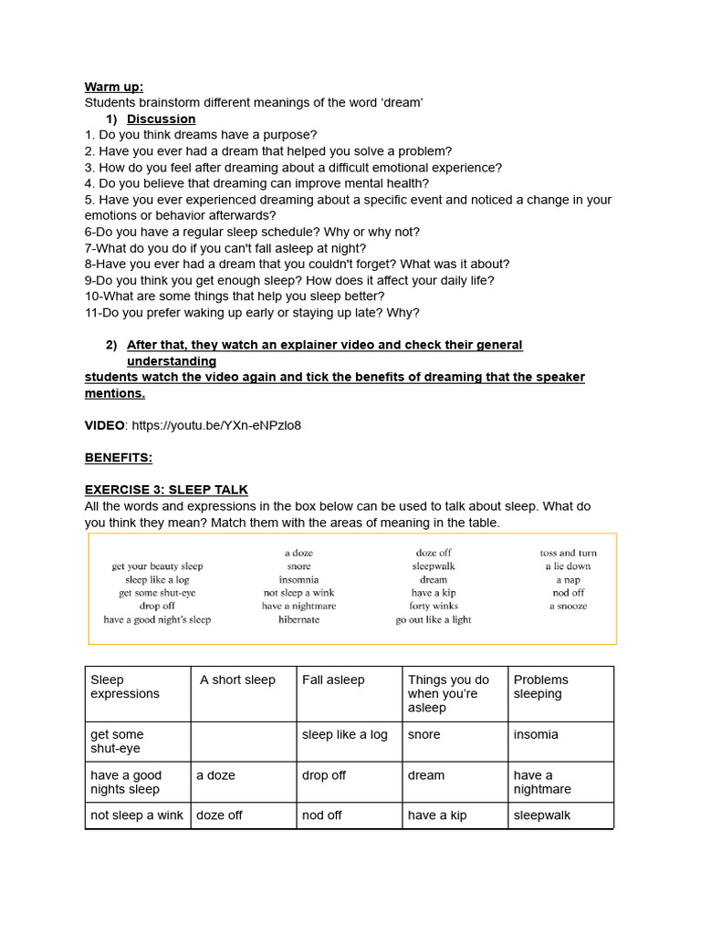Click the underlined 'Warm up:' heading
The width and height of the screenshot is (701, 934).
pos(114,87)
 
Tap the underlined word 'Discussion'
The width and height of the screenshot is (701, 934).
pos(161,119)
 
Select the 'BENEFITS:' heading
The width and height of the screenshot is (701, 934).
pos(119,457)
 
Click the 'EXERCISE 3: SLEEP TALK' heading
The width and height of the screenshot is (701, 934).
pos(166,490)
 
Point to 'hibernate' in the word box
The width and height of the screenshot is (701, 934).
pos(299,619)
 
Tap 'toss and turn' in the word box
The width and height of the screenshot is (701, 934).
pos(568,553)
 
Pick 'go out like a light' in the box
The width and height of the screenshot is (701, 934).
pos(434,619)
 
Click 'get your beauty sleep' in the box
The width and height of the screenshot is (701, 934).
pos(157,566)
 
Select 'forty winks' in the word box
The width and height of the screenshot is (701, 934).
pos(434,606)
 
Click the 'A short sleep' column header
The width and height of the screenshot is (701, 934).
pos(237,680)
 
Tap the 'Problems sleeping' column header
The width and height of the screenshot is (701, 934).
pos(540,687)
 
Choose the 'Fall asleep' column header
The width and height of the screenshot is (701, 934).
pos(333,680)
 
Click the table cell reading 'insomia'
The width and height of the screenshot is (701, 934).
pos(536,734)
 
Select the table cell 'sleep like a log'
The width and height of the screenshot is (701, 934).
pos(344,734)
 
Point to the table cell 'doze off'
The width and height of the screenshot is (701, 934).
pos(219,815)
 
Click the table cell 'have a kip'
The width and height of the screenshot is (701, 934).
pos(437,815)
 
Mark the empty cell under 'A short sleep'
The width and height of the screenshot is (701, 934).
pos(244,742)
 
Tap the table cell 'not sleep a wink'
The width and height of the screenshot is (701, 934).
pos(137,815)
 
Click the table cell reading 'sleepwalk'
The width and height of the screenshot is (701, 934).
pos(542,815)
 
